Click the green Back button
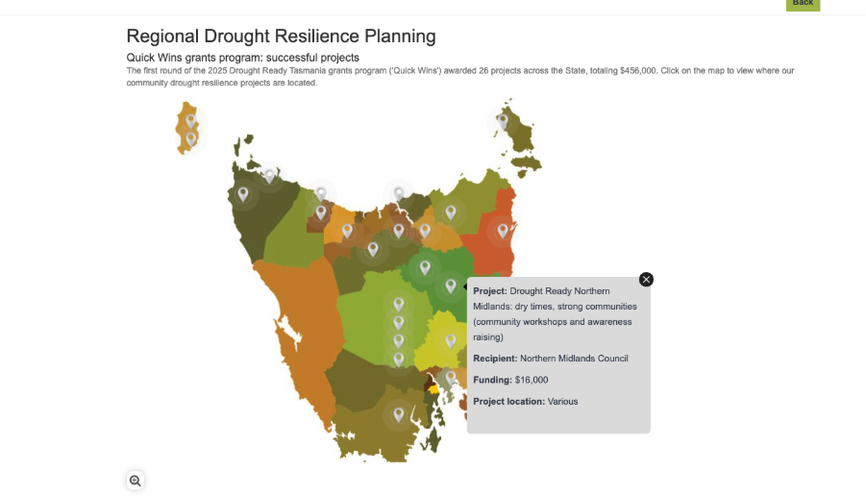point(803,5)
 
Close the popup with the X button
point(646,280)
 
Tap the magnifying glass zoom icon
point(136,481)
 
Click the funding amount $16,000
point(532,380)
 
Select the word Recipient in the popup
point(495,359)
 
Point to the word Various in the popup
point(563,402)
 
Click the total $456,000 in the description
point(638,71)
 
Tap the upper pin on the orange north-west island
point(191,121)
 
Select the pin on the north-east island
point(503,121)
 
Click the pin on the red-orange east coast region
point(503,231)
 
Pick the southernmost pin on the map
point(399,414)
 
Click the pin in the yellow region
point(451,341)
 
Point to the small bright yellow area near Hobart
point(433,389)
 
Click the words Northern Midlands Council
point(574,359)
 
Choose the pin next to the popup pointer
point(451,286)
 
